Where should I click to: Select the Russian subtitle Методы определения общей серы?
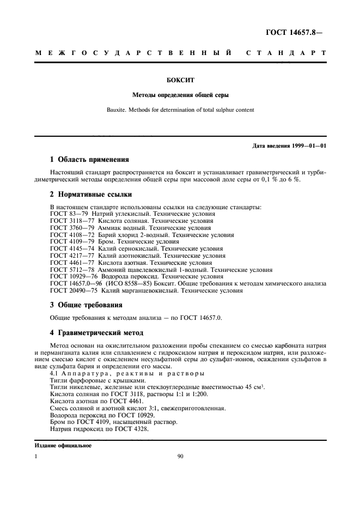[x=180, y=94]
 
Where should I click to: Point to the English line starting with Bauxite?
[x=180, y=110]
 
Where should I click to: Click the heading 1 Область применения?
[x=89, y=160]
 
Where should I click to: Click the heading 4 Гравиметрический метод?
[x=96, y=332]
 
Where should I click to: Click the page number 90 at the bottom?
[x=180, y=458]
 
